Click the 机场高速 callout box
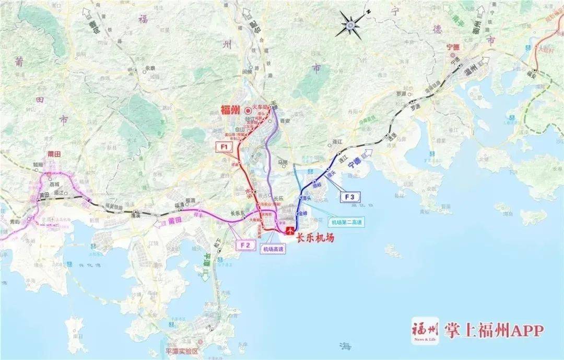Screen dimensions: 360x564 point(274,249)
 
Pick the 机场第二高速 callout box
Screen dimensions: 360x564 point(345,222)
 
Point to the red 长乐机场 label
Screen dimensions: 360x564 point(315,238)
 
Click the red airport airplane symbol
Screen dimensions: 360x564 point(290,230)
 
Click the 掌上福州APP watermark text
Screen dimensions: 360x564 point(494,330)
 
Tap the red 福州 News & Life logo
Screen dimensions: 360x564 point(424,330)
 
